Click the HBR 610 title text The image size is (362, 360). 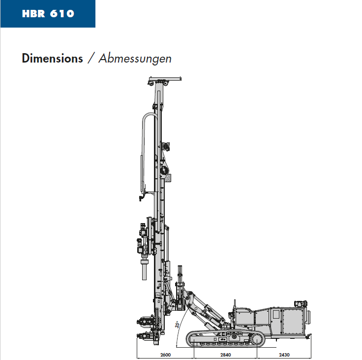48,14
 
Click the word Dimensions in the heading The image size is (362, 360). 53,58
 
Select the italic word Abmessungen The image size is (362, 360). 135,59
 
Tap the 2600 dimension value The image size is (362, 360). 165,355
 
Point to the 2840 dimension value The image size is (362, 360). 226,355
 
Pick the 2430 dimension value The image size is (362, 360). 284,355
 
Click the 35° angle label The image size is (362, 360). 177,325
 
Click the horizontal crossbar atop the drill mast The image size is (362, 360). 165,79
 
